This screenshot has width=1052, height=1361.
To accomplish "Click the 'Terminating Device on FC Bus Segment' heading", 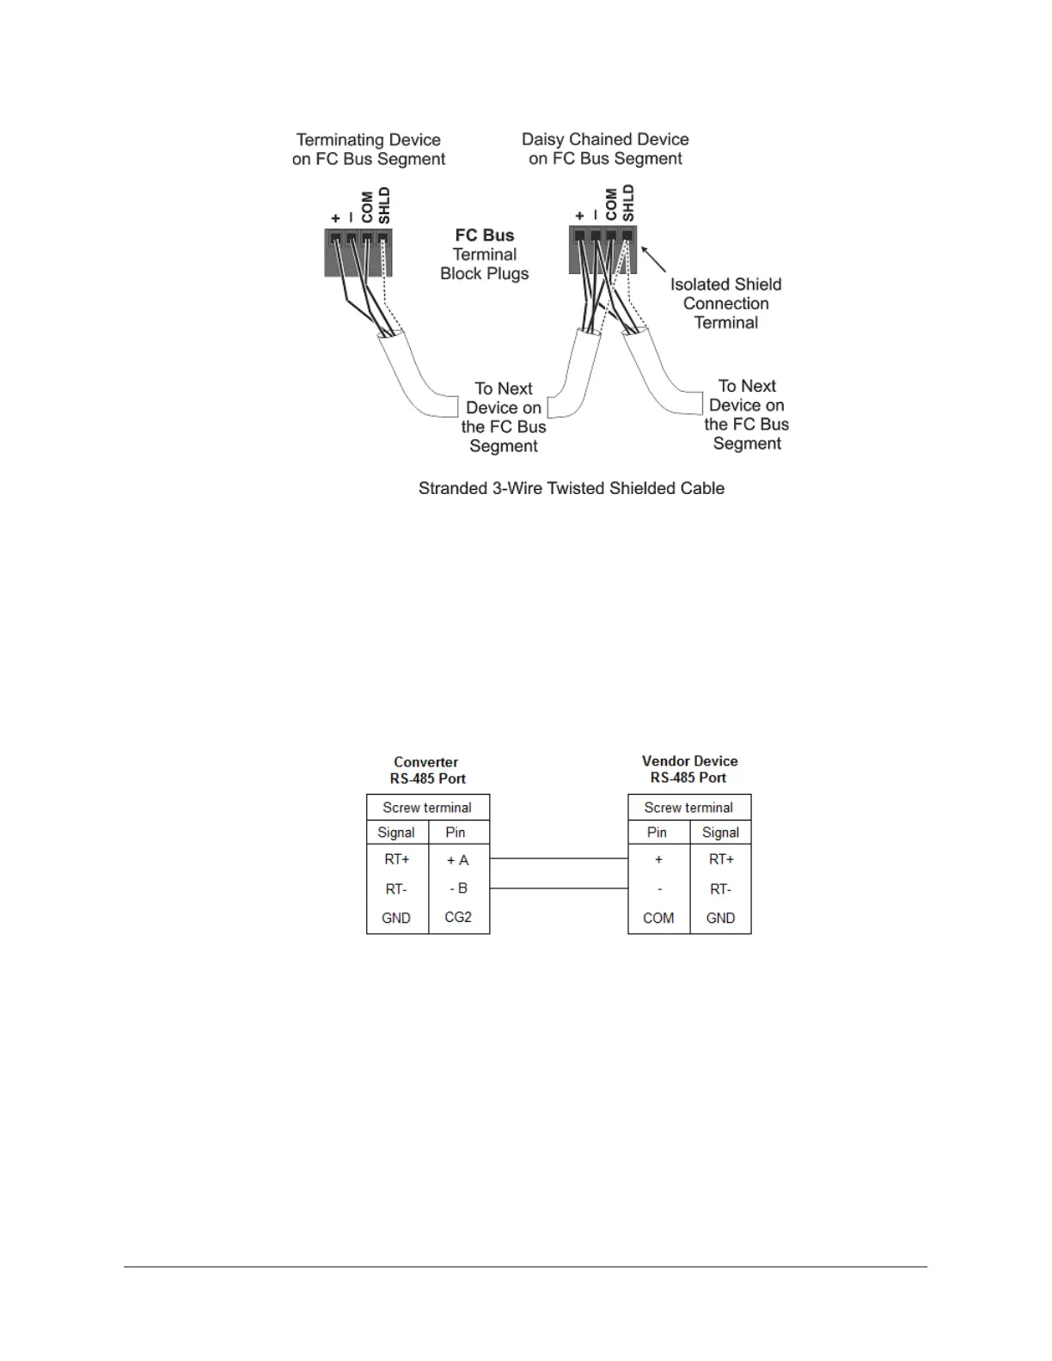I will (x=369, y=150).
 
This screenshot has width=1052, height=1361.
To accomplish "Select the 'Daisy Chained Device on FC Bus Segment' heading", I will (x=605, y=149).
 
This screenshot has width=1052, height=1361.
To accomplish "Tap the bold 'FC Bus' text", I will (x=485, y=235).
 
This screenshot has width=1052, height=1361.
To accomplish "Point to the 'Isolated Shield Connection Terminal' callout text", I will (x=726, y=303).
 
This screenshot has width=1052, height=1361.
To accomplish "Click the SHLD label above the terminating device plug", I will (x=384, y=206).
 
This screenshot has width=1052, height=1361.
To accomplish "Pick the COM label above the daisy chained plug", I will (x=611, y=205).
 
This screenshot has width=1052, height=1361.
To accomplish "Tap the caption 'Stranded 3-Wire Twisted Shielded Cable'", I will (x=572, y=488).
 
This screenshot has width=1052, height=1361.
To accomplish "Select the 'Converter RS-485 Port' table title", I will (x=427, y=770).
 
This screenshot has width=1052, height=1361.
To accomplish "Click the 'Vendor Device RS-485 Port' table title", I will (x=689, y=769).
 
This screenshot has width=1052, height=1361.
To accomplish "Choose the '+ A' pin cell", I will (x=458, y=860).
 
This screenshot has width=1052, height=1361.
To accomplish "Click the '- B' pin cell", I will (x=458, y=888).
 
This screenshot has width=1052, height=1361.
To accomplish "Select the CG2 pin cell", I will (x=458, y=918).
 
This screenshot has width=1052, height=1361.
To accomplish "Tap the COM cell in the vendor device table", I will (x=658, y=919).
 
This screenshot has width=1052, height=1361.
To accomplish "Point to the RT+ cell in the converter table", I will (x=397, y=859).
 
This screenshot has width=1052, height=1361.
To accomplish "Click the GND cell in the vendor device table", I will (x=720, y=919).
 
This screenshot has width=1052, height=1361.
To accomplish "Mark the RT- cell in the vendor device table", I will (x=720, y=889).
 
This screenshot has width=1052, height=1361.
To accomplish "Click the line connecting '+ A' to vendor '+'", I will (x=559, y=858).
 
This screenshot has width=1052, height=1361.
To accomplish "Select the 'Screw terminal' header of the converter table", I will (x=427, y=808).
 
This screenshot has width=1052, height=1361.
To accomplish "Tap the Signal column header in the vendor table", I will (x=720, y=833).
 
